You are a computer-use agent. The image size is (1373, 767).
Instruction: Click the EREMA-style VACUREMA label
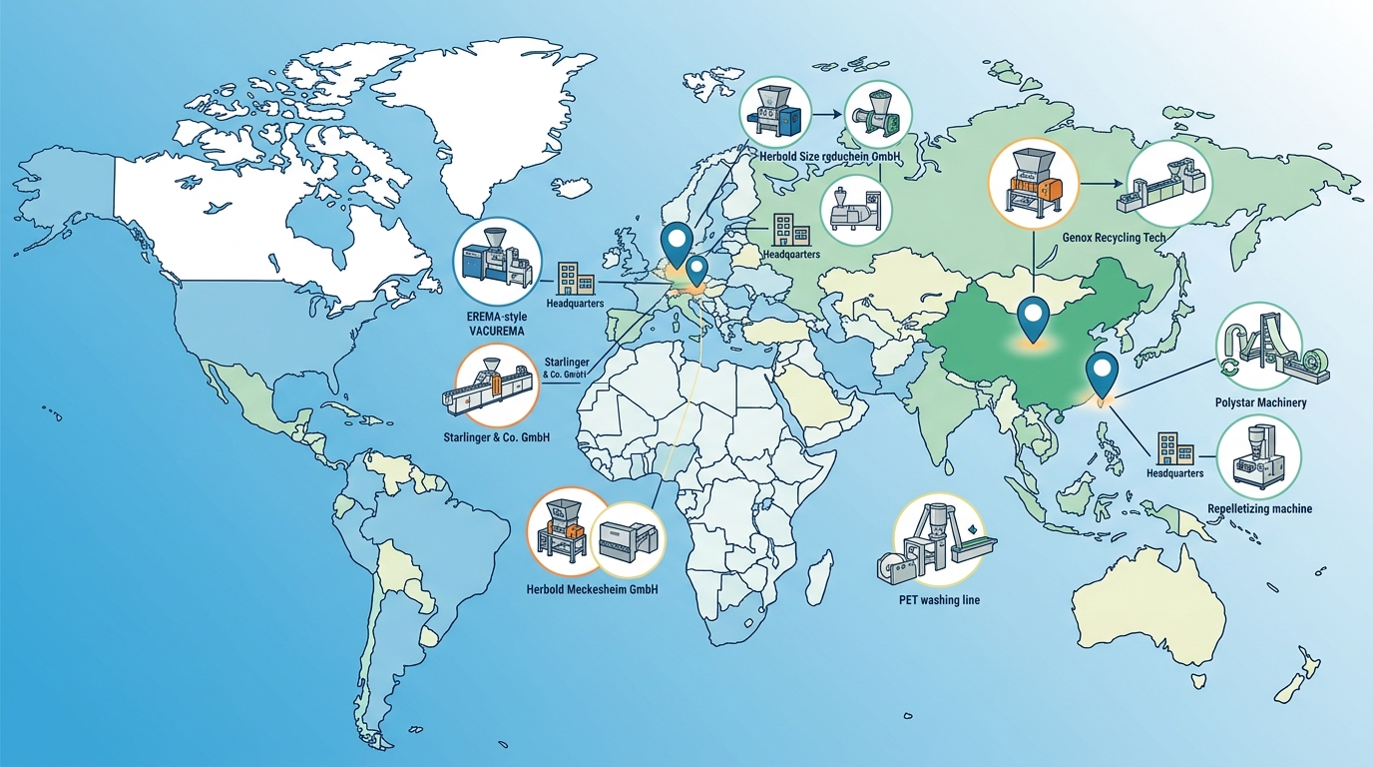[496, 324]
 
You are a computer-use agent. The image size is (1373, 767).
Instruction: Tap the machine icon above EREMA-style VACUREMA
[496, 262]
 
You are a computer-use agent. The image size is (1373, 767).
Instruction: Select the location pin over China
[1032, 320]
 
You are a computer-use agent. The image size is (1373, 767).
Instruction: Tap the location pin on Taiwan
[1102, 375]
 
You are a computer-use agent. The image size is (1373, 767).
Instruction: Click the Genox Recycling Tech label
[1107, 238]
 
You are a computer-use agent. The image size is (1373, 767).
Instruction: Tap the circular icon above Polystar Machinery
[1259, 346]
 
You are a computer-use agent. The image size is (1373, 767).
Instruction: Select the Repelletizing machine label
[1259, 508]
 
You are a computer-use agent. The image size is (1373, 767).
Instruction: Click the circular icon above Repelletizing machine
[1259, 456]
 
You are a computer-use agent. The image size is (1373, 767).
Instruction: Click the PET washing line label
[938, 599]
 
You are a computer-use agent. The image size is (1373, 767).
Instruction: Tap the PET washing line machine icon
[937, 539]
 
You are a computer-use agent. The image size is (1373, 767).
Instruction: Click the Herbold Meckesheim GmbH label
[592, 589]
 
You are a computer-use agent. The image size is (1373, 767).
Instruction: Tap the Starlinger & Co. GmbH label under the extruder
[496, 438]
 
